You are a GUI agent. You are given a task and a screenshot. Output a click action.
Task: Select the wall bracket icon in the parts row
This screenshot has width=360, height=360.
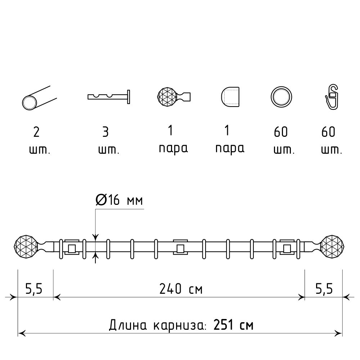pos(109,97)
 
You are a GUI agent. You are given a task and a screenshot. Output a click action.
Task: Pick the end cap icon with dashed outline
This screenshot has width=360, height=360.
pos(230,96)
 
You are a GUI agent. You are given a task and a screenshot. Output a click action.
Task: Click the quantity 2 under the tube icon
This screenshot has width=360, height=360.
pos(36,132)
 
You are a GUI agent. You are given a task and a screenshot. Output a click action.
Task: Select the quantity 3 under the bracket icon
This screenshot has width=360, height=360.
pos(105,132)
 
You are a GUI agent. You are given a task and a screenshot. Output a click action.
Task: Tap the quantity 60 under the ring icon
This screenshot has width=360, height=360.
pos(281,132)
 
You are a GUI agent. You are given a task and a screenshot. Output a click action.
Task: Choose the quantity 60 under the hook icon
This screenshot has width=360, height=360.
pos(328,132)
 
